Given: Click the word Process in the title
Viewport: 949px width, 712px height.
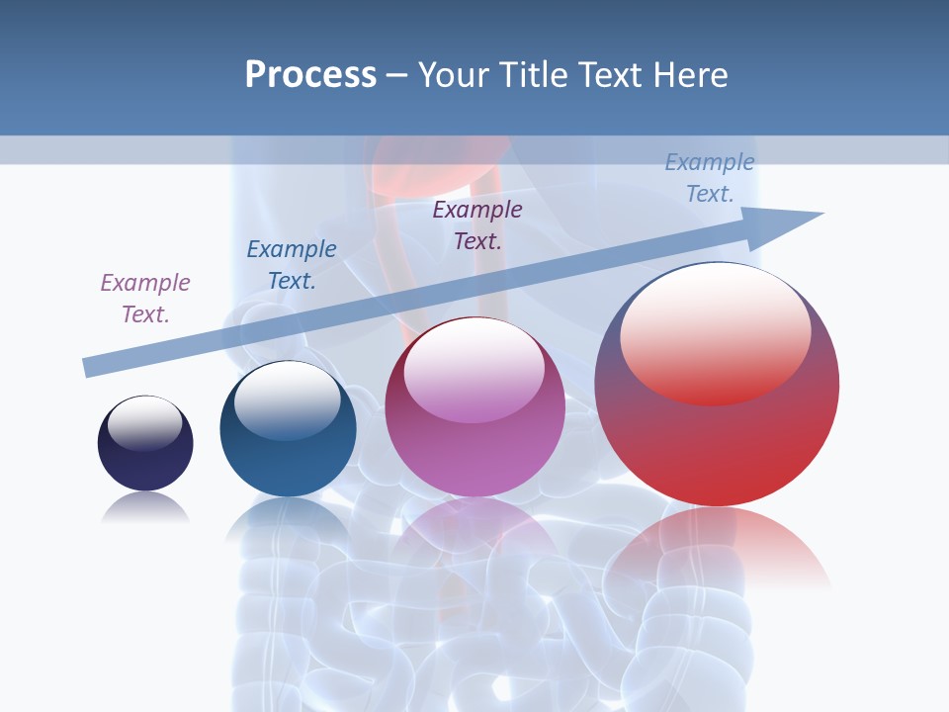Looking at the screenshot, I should tap(310, 75).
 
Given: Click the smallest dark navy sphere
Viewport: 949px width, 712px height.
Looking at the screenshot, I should tap(145, 460).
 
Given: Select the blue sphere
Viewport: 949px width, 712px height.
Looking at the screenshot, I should tap(288, 455).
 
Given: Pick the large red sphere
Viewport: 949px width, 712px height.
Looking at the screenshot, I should tap(717, 445).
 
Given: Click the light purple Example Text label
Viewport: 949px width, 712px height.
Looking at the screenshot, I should tap(145, 299).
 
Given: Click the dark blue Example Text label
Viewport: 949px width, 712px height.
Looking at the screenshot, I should tap(292, 265).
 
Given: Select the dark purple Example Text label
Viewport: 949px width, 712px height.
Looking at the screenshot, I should tap(477, 224).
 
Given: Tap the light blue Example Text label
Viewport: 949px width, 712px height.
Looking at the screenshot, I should tap(710, 178).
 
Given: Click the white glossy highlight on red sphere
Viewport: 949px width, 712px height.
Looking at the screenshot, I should tap(716, 331).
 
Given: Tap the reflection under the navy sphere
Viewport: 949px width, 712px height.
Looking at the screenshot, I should tap(145, 508).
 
